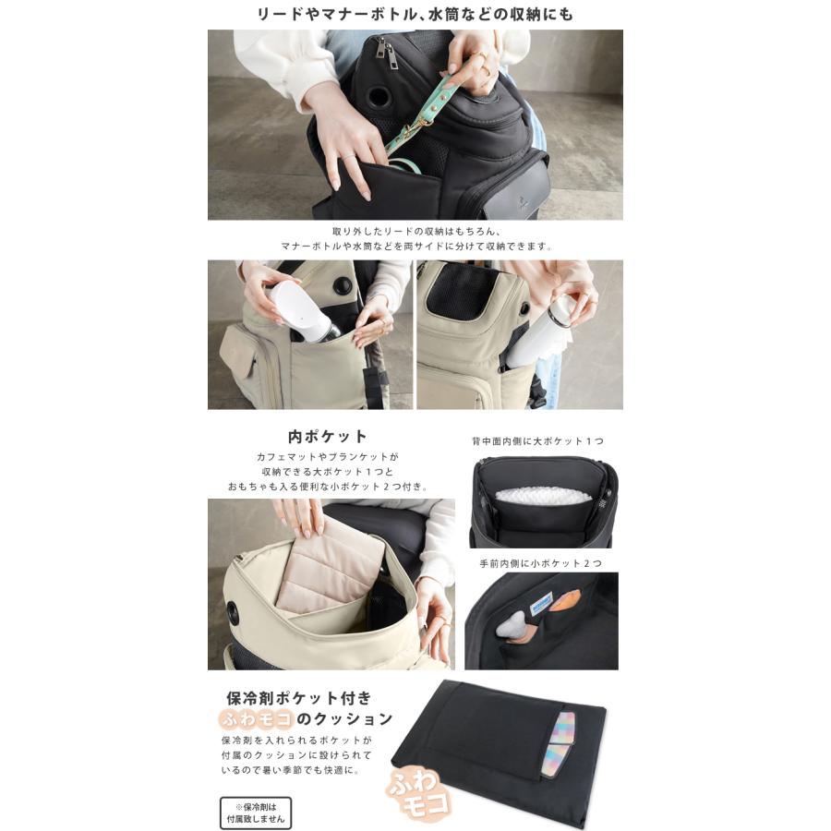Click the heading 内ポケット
click(327, 436)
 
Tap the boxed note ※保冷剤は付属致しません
click(256, 813)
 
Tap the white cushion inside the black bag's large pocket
click(543, 496)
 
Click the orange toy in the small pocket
click(565, 601)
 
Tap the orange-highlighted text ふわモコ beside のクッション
click(256, 718)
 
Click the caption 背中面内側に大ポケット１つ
click(538, 441)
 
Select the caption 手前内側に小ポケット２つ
click(541, 563)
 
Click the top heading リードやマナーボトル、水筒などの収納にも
click(415, 14)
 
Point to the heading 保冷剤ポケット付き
click(299, 697)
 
